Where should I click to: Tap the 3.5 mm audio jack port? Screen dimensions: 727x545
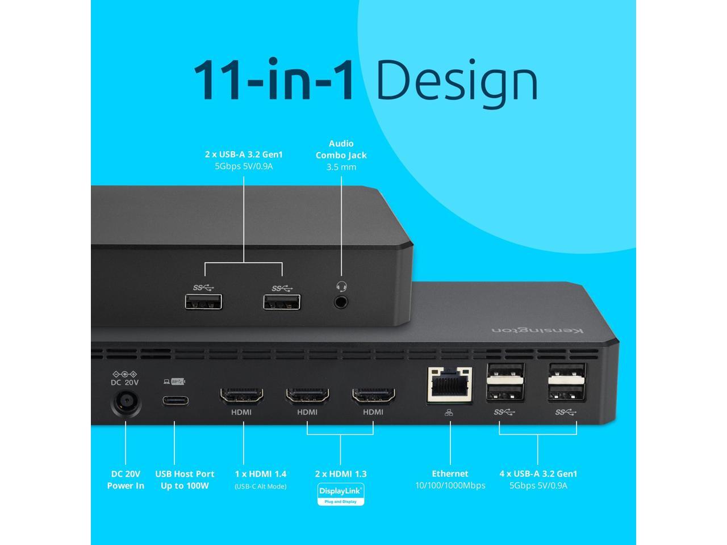tap(341, 302)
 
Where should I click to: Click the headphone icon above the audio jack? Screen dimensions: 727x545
tap(341, 287)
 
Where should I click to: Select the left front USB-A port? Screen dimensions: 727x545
tap(203, 301)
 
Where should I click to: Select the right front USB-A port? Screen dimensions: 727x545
tap(282, 301)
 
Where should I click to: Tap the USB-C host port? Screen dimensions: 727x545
tap(175, 400)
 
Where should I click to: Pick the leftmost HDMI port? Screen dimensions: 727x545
tap(241, 396)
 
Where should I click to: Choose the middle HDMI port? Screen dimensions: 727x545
tap(307, 396)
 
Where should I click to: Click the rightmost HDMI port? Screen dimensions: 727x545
tap(373, 396)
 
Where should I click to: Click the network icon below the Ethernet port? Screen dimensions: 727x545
tap(449, 413)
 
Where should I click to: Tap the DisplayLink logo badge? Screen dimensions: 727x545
tap(340, 493)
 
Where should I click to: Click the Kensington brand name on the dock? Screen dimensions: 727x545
tap(537, 330)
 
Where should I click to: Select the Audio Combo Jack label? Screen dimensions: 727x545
tap(341, 149)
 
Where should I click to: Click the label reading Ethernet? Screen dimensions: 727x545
tap(450, 473)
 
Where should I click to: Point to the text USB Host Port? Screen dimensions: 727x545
tap(185, 474)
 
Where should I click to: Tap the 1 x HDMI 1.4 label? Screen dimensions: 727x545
tap(261, 474)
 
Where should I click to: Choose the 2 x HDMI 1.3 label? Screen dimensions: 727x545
tap(341, 474)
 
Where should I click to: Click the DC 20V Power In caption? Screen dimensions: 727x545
tap(126, 480)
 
